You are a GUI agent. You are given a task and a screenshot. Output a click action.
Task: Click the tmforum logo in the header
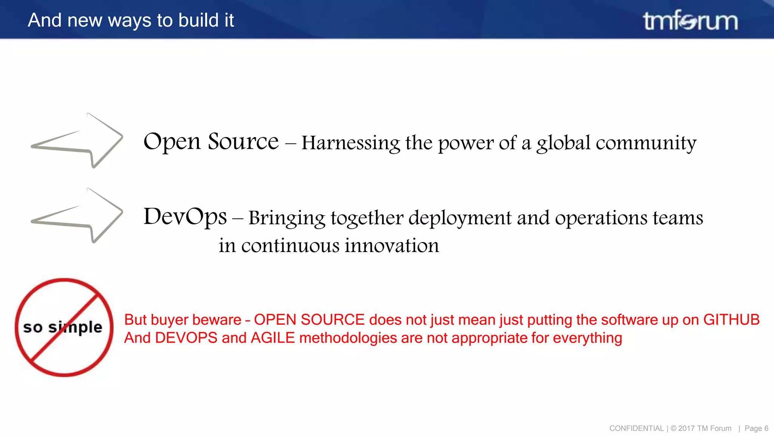[690, 20]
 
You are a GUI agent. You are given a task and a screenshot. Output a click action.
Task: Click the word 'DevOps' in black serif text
[185, 217]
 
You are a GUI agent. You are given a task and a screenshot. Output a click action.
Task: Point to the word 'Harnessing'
[350, 143]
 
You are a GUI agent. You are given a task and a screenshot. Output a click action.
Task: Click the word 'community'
[646, 143]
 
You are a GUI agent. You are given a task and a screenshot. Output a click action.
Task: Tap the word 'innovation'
[392, 246]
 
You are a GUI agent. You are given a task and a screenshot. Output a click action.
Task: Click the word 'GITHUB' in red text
[731, 320]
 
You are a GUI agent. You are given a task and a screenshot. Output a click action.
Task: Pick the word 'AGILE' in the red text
[272, 338]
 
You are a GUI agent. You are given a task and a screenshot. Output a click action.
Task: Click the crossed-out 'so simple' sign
[64, 327]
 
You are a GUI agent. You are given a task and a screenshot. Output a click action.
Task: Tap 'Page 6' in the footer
[756, 428]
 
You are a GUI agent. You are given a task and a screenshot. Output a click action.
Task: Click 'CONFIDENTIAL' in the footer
[636, 428]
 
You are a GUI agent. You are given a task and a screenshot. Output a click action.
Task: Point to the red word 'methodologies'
[348, 338]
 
